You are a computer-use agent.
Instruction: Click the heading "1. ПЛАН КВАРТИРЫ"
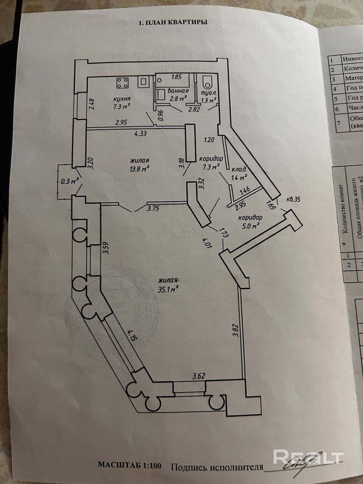[173, 23]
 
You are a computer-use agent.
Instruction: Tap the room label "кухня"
[122, 99]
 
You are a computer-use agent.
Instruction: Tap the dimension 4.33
[140, 133]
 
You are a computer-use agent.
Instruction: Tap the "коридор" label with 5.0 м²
[250, 218]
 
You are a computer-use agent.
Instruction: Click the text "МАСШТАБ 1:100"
[130, 465]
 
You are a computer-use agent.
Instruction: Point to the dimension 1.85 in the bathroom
[177, 77]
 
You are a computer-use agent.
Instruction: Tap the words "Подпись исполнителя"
[217, 467]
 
